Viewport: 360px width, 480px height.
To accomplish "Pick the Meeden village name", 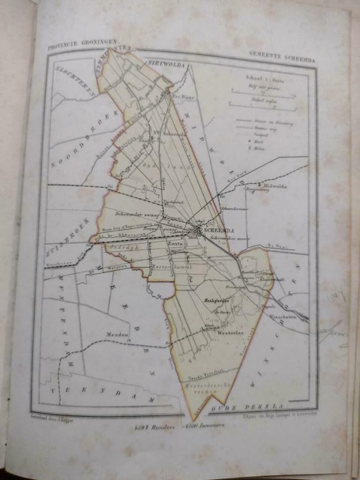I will coord(117,334).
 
